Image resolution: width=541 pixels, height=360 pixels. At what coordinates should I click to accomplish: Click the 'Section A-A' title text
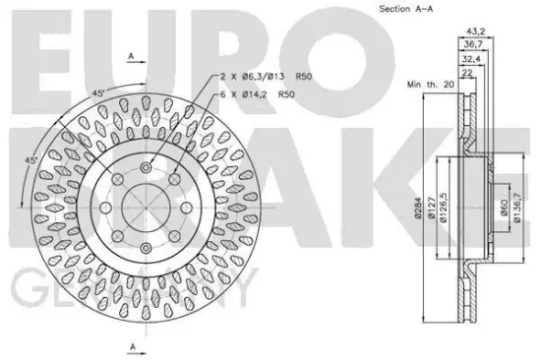click(x=404, y=9)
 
